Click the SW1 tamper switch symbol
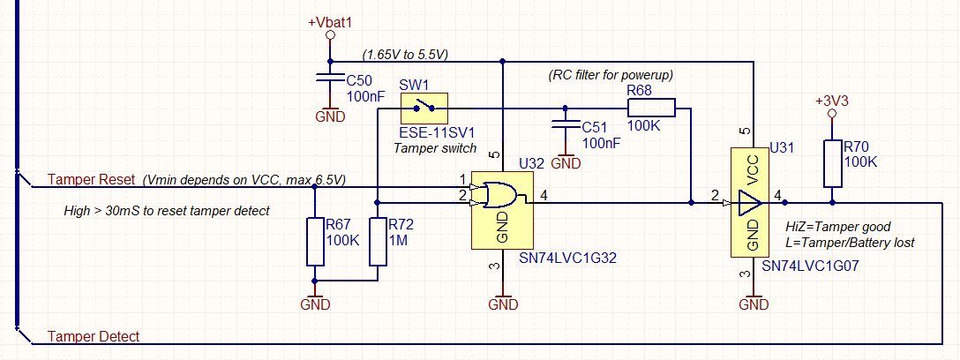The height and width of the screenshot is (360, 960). (424, 109)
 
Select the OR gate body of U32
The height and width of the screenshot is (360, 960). (500, 193)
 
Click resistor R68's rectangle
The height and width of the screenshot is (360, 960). (650, 108)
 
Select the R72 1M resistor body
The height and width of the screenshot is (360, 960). (378, 241)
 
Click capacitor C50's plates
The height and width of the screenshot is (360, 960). (330, 79)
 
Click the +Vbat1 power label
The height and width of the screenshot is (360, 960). (330, 22)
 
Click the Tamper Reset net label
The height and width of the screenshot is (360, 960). (91, 180)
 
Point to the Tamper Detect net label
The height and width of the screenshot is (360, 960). (94, 337)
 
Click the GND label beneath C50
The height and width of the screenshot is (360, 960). (330, 116)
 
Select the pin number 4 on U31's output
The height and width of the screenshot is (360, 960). (777, 194)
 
